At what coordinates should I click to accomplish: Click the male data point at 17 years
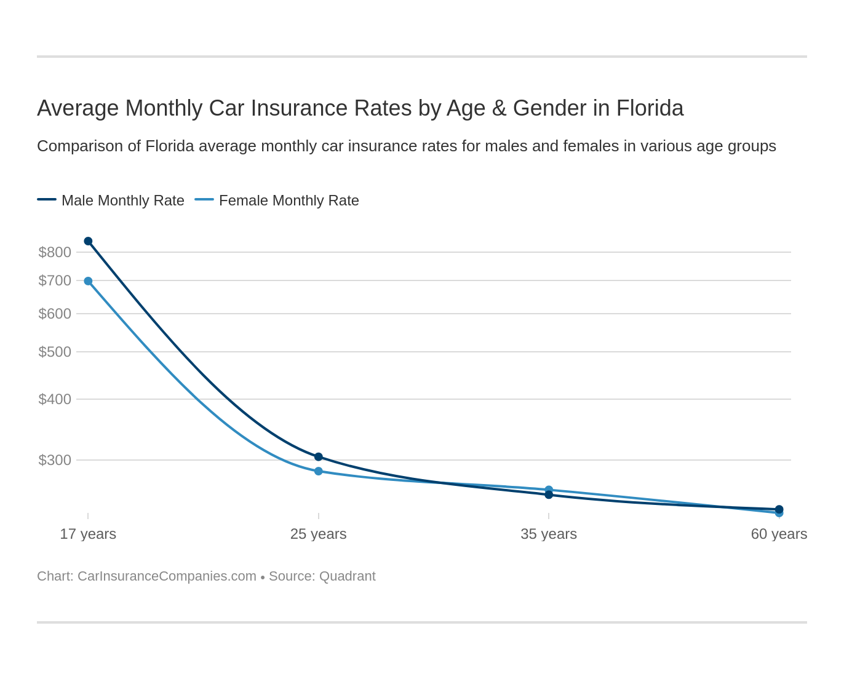pyautogui.click(x=88, y=241)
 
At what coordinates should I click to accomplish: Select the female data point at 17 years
pyautogui.click(x=88, y=281)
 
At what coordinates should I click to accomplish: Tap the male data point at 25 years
pyautogui.click(x=319, y=457)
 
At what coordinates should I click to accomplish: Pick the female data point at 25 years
pyautogui.click(x=319, y=471)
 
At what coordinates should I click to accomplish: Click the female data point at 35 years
pyautogui.click(x=549, y=490)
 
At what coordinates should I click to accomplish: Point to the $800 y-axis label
pyautogui.click(x=55, y=252)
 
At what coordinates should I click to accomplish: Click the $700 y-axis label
pyautogui.click(x=55, y=280)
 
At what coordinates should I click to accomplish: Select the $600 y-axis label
pyautogui.click(x=55, y=314)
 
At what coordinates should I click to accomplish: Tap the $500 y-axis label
pyautogui.click(x=55, y=352)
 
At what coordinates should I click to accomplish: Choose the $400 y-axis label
pyautogui.click(x=55, y=399)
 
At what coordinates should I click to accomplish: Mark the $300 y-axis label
pyautogui.click(x=55, y=460)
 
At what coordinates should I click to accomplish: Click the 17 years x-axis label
pyautogui.click(x=88, y=534)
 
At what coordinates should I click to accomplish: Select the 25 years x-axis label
pyautogui.click(x=319, y=534)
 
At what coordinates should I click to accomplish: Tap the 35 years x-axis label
pyautogui.click(x=549, y=534)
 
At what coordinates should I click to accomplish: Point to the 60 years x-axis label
pyautogui.click(x=779, y=534)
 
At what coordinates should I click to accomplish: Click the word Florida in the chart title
pyautogui.click(x=650, y=108)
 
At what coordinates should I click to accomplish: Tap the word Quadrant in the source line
pyautogui.click(x=347, y=576)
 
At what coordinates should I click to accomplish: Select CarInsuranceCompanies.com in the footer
pyautogui.click(x=167, y=576)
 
